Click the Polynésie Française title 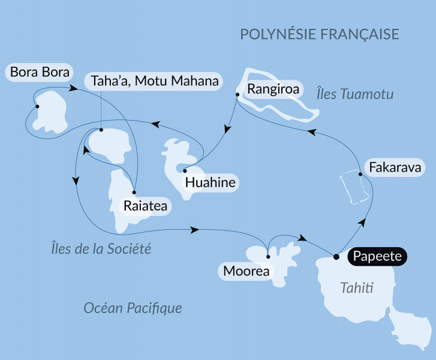click(x=320, y=34)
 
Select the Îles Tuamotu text click(x=354, y=94)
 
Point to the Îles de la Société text click(x=100, y=248)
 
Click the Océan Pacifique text click(x=133, y=308)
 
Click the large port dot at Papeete click(x=336, y=257)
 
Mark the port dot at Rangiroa click(x=237, y=95)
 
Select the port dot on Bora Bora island click(x=37, y=107)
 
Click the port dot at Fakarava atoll click(x=360, y=175)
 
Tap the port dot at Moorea click(x=268, y=257)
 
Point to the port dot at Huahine click(x=185, y=170)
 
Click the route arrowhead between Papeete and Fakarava click(x=362, y=222)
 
